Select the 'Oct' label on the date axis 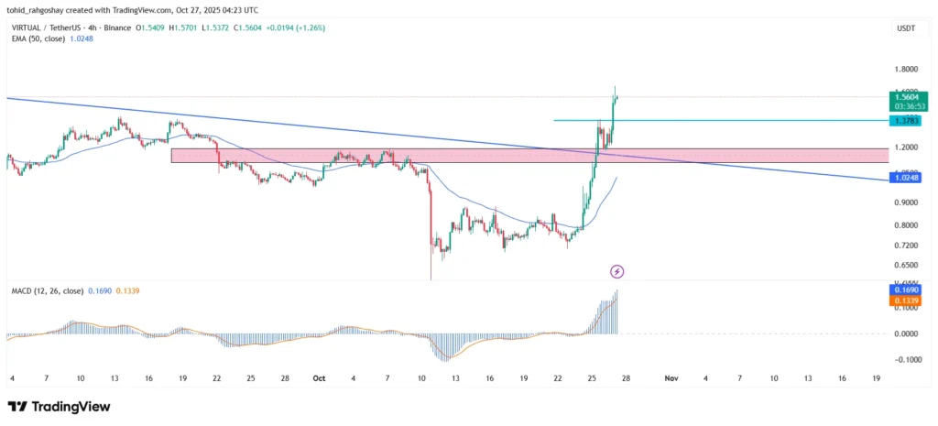(319, 377)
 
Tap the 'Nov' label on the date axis (671, 377)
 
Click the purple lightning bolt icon (617, 271)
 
